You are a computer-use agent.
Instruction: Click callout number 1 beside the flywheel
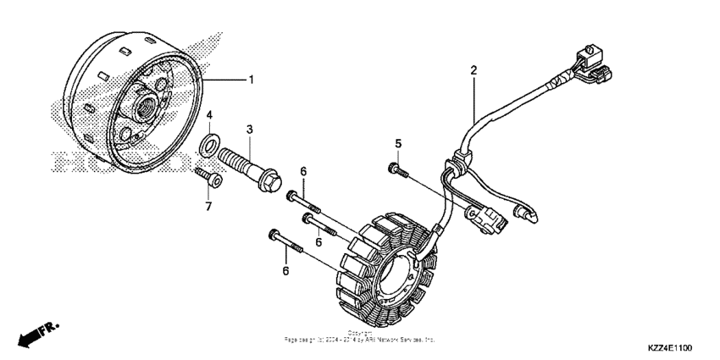point(251,80)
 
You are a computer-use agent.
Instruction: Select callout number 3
point(250,129)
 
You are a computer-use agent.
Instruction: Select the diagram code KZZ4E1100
point(671,348)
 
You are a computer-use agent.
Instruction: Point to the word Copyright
point(359,334)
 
